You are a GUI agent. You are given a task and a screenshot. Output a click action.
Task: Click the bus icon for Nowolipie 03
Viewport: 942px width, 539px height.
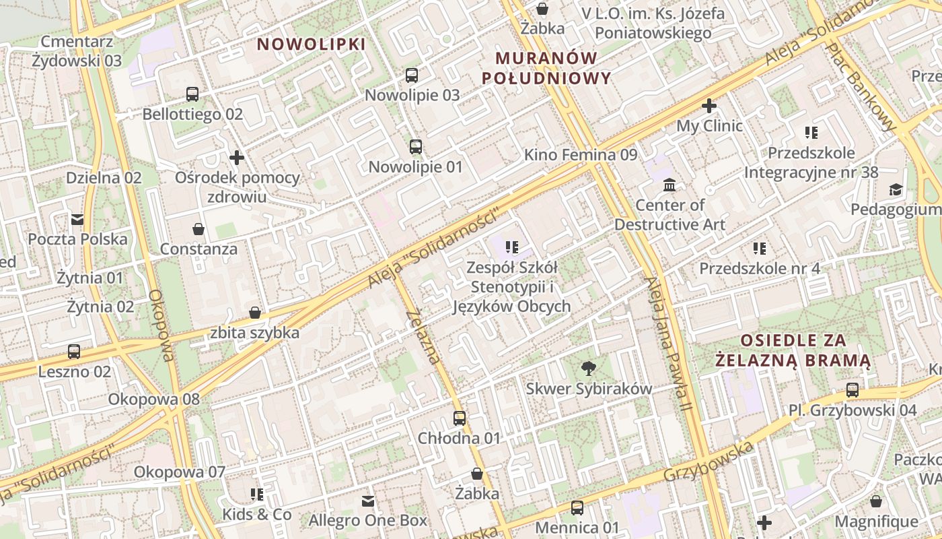tap(412, 75)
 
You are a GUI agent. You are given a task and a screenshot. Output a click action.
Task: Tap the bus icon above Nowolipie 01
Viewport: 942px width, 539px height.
tap(416, 146)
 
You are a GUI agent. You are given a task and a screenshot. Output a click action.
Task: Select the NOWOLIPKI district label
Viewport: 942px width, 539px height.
tap(312, 44)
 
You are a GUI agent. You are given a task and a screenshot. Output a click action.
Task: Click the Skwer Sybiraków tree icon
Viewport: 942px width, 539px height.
tap(589, 369)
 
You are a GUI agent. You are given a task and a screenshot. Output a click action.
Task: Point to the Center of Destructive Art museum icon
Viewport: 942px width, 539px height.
tap(669, 185)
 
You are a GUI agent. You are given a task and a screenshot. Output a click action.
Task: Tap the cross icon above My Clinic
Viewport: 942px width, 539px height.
tap(709, 106)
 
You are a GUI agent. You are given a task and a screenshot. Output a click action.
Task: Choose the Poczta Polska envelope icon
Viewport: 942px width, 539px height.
tap(77, 219)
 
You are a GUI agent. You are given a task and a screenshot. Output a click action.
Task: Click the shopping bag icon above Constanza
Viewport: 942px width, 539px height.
tap(198, 229)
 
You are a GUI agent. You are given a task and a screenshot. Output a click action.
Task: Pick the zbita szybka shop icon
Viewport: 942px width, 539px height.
tap(255, 313)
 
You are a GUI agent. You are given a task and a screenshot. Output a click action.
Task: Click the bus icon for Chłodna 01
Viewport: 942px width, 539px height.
tap(460, 418)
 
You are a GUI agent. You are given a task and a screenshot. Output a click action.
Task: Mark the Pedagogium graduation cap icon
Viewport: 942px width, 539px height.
tap(895, 190)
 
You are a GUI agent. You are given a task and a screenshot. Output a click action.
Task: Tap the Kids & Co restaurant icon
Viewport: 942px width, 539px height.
tap(256, 495)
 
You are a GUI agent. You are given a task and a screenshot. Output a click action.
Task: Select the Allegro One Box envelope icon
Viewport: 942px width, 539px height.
tap(367, 501)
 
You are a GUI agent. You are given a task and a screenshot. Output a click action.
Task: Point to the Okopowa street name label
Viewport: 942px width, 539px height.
tap(162, 325)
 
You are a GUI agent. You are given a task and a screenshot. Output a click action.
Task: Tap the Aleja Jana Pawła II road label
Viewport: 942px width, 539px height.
tap(668, 344)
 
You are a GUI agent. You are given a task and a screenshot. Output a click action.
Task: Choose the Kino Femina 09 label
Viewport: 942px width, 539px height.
tap(581, 155)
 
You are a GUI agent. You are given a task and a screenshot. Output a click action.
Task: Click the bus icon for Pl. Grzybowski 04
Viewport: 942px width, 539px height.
tap(853, 390)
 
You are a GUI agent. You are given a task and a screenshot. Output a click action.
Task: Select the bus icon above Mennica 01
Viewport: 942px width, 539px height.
tap(577, 508)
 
